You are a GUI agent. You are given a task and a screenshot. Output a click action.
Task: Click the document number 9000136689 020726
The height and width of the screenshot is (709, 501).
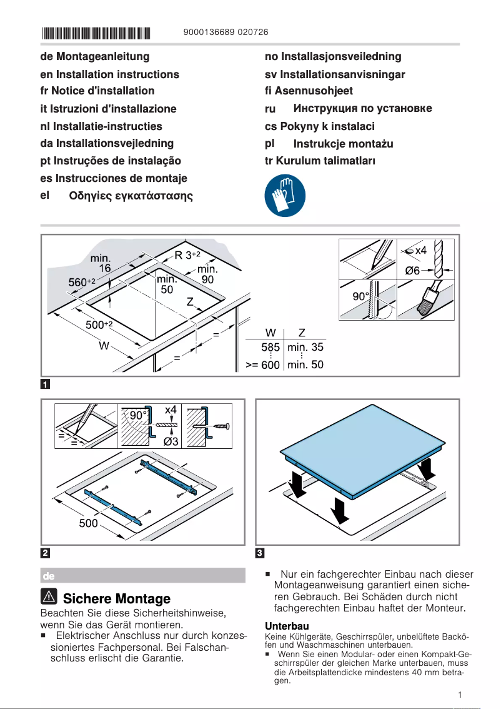click(x=227, y=33)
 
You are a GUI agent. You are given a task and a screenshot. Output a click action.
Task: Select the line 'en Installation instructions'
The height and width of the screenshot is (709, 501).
click(x=109, y=74)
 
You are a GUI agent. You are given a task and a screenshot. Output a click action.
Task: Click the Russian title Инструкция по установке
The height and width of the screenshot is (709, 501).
click(x=362, y=109)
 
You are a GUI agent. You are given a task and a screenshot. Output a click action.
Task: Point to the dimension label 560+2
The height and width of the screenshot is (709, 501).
click(x=81, y=282)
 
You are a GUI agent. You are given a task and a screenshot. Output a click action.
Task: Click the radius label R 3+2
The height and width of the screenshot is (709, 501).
click(x=187, y=255)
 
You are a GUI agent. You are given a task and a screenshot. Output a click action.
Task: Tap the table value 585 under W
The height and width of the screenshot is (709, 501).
click(x=270, y=347)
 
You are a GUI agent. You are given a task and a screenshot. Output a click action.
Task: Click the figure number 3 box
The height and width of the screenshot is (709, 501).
click(x=260, y=553)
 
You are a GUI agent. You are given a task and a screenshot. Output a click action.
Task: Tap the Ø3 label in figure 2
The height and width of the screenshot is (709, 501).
click(x=172, y=442)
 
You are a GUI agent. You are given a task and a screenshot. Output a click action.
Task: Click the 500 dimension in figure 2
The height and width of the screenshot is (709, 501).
click(x=88, y=523)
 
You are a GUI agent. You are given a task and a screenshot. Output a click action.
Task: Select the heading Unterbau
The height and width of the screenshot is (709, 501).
click(x=287, y=626)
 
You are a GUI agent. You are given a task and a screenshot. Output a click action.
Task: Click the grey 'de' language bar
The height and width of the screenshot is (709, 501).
click(x=142, y=575)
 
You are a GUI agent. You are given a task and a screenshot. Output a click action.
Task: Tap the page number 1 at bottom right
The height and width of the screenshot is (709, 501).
click(x=459, y=695)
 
